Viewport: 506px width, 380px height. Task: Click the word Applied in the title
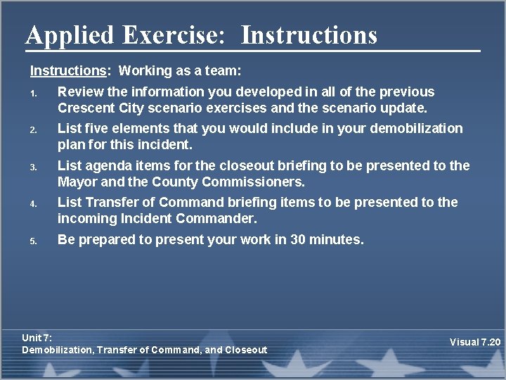click(69, 35)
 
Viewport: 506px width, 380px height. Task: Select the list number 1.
click(33, 93)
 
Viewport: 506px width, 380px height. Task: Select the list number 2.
click(33, 129)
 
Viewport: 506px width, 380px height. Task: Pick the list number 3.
click(33, 167)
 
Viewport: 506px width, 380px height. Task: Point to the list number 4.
click(33, 203)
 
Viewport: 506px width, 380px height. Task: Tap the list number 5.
click(33, 241)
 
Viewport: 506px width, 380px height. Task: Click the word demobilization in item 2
click(418, 128)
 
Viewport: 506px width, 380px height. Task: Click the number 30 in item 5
click(299, 239)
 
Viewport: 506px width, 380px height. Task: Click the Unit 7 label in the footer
click(37, 338)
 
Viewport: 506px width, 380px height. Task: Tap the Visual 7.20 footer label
click(475, 342)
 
